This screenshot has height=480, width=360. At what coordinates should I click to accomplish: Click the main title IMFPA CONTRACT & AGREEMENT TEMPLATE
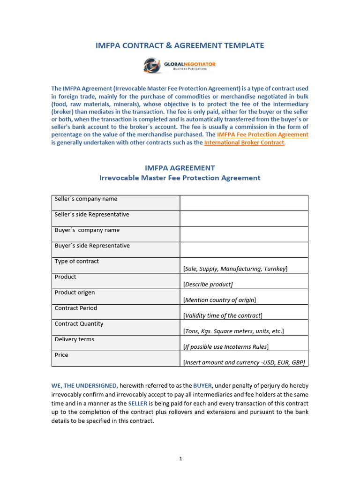tap(180, 45)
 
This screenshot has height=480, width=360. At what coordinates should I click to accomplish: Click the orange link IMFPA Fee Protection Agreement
tap(262, 135)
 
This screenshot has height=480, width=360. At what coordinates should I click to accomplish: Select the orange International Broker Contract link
tap(244, 142)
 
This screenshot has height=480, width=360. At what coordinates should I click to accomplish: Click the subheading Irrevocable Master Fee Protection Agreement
tap(180, 178)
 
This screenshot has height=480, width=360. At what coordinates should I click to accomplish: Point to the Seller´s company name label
tap(86, 199)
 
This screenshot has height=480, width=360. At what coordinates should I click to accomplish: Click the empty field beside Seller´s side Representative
tap(244, 218)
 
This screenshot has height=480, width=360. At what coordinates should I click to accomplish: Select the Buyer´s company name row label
tap(87, 230)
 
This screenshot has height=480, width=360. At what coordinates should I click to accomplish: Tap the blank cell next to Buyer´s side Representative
tap(244, 249)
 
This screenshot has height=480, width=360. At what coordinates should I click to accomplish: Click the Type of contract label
tap(77, 261)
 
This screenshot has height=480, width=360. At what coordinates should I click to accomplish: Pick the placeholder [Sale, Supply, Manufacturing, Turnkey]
tap(235, 269)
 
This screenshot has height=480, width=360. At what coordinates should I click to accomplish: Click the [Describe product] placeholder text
tap(208, 284)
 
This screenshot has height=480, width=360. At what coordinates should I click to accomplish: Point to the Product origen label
tap(75, 292)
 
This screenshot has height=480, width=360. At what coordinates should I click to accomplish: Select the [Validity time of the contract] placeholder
tap(223, 315)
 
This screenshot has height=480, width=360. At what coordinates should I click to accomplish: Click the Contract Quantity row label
tap(79, 323)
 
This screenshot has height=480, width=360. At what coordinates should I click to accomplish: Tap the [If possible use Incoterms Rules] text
tap(225, 347)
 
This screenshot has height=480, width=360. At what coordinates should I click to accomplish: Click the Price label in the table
tap(61, 355)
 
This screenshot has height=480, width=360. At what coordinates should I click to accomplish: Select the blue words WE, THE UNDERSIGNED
tap(84, 385)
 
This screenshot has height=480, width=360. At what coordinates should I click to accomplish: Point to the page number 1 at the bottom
tap(180, 459)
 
